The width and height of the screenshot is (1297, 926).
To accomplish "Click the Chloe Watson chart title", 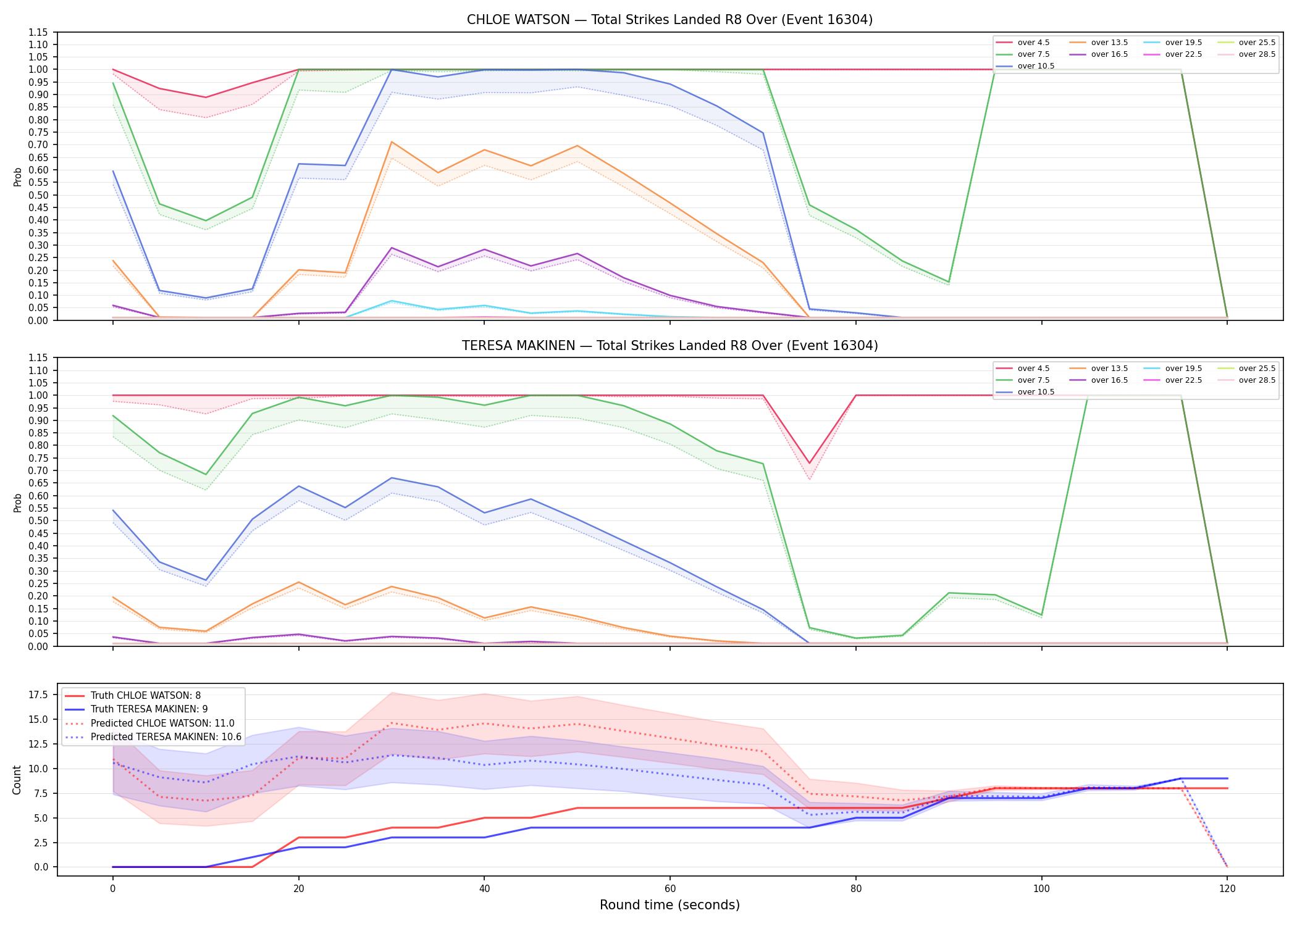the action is click(669, 20).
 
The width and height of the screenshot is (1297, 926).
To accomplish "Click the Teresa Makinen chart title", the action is click(669, 346).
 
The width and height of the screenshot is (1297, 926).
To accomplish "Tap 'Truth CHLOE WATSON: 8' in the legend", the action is click(146, 696).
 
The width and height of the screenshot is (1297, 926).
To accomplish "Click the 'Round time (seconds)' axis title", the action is click(669, 905).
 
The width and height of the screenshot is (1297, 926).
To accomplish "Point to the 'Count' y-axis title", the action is click(17, 780).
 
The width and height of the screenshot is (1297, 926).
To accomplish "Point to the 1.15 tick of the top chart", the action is click(38, 32).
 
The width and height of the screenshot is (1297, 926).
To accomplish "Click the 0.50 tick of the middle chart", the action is click(38, 520).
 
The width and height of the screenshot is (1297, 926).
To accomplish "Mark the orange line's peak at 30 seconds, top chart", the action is click(392, 142).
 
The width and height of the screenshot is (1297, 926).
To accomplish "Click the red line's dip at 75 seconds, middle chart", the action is click(810, 463).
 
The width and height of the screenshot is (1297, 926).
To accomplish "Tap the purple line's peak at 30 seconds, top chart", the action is click(392, 248).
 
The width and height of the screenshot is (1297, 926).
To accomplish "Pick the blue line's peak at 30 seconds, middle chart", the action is click(392, 478).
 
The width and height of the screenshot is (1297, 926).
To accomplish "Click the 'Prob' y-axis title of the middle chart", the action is click(17, 503).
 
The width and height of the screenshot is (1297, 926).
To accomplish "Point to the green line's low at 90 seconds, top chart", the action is click(949, 282).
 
